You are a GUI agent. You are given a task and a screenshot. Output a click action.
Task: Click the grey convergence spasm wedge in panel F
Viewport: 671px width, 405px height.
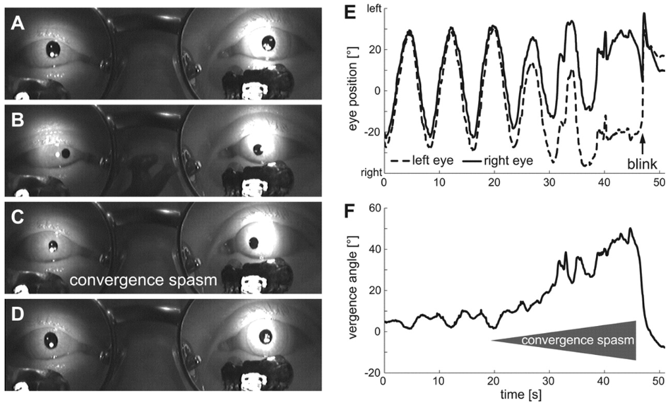592,340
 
